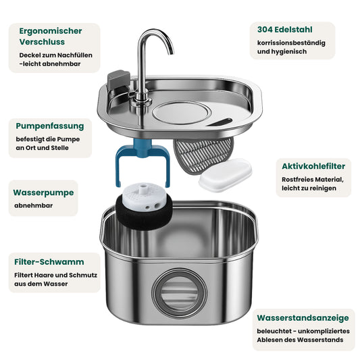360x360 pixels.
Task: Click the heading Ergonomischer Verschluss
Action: pos(51,36)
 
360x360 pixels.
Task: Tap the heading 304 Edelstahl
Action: pos(285,30)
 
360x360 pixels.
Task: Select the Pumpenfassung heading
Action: pos(50,126)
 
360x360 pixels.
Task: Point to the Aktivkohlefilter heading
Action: pos(313,166)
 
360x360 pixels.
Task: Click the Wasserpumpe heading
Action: pos(43,192)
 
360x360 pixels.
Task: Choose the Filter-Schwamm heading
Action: pos(49,262)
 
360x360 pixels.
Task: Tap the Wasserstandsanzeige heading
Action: pos(303,318)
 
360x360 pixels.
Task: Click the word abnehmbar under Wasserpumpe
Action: pos(34,205)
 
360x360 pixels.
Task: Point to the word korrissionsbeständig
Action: pos(291,43)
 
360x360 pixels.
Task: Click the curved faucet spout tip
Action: pos(171,53)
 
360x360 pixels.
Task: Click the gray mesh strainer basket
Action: pos(203,154)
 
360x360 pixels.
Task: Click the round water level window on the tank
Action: pos(179,294)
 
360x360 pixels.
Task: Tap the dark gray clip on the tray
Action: pos(118,79)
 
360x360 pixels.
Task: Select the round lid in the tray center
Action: pos(182,113)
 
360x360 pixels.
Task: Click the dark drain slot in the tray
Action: pos(220,122)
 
